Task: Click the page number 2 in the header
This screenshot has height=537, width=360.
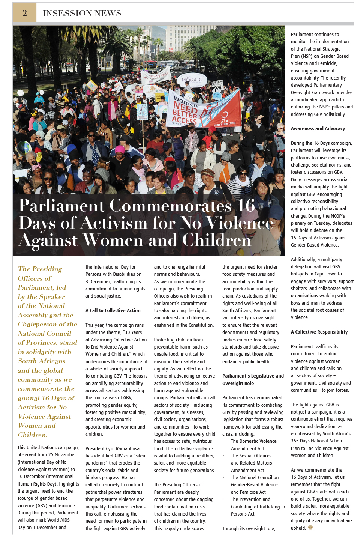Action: click(25, 13)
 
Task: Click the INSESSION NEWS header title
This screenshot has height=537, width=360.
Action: click(82, 14)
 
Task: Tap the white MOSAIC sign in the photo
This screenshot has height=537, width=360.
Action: click(192, 80)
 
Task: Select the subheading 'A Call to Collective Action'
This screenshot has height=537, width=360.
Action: click(113, 311)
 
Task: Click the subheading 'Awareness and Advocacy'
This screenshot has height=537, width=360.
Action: click(318, 129)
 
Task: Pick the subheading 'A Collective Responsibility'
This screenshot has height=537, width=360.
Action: click(319, 332)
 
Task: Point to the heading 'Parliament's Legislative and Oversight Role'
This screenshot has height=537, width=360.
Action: click(253, 379)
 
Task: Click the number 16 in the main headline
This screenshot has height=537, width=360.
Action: click(246, 206)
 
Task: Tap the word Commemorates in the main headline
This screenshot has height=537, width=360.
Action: click(170, 206)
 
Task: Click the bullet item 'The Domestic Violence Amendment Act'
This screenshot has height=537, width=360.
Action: click(253, 445)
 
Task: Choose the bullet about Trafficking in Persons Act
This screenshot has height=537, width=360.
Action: click(258, 507)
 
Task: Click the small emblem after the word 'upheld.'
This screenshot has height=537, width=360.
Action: click(310, 528)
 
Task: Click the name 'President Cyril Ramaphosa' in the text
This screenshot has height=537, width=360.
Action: click(112, 449)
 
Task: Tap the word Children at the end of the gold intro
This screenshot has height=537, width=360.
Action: click(33, 435)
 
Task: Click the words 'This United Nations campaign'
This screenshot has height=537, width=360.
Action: click(48, 448)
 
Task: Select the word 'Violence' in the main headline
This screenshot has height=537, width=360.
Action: click(240, 223)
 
